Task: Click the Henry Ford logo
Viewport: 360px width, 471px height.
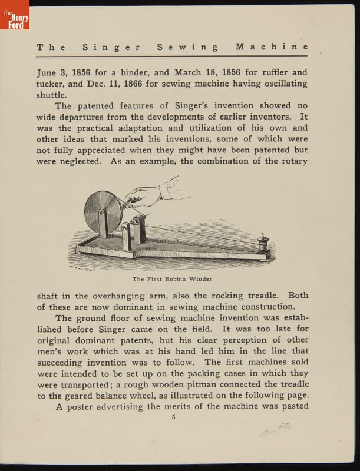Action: click(15, 15)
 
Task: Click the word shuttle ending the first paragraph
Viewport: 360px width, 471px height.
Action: click(52, 95)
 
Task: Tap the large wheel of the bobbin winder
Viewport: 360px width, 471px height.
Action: click(103, 211)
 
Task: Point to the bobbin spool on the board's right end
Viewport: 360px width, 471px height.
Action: click(263, 241)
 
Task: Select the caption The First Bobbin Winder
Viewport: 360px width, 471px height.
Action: click(172, 278)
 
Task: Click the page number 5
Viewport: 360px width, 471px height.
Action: click(173, 417)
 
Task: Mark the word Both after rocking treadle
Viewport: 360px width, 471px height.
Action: click(298, 295)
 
